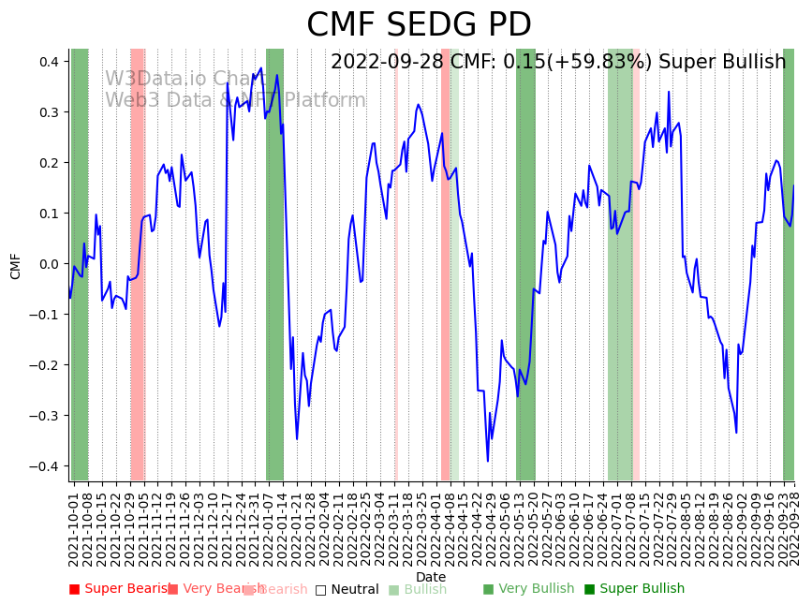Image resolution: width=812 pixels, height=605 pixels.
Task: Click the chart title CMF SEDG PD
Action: point(419,25)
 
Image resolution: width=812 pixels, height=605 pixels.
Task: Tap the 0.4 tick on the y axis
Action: point(49,62)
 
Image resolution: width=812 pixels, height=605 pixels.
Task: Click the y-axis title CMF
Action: point(16,265)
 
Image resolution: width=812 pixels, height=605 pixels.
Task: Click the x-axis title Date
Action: point(431,577)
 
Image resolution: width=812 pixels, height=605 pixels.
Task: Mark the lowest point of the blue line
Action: point(488,461)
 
